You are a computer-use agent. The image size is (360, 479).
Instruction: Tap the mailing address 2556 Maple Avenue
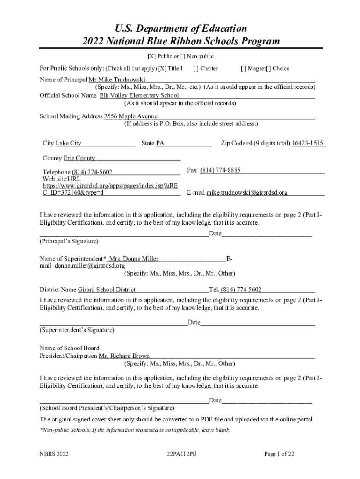(x=130, y=116)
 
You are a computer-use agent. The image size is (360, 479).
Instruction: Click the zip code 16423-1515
(x=308, y=143)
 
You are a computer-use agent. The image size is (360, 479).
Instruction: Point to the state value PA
(x=160, y=143)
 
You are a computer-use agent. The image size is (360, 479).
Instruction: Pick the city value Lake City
(x=68, y=143)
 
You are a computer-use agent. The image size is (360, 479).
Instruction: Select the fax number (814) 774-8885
(x=220, y=170)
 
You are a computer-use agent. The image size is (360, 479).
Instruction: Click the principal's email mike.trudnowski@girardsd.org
(x=247, y=192)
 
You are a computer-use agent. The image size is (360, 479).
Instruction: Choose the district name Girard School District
(x=107, y=290)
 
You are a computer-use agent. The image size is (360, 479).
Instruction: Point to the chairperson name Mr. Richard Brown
(x=124, y=356)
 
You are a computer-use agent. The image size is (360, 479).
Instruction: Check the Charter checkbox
(x=195, y=69)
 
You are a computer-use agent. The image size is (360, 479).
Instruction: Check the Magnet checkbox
(x=244, y=69)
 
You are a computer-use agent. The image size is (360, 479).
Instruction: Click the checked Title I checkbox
(x=162, y=69)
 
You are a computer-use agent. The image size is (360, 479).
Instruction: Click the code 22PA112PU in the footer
(x=181, y=454)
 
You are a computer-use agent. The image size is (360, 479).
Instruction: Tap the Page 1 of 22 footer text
(x=279, y=454)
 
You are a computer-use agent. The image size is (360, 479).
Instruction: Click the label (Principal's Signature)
(x=69, y=241)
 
